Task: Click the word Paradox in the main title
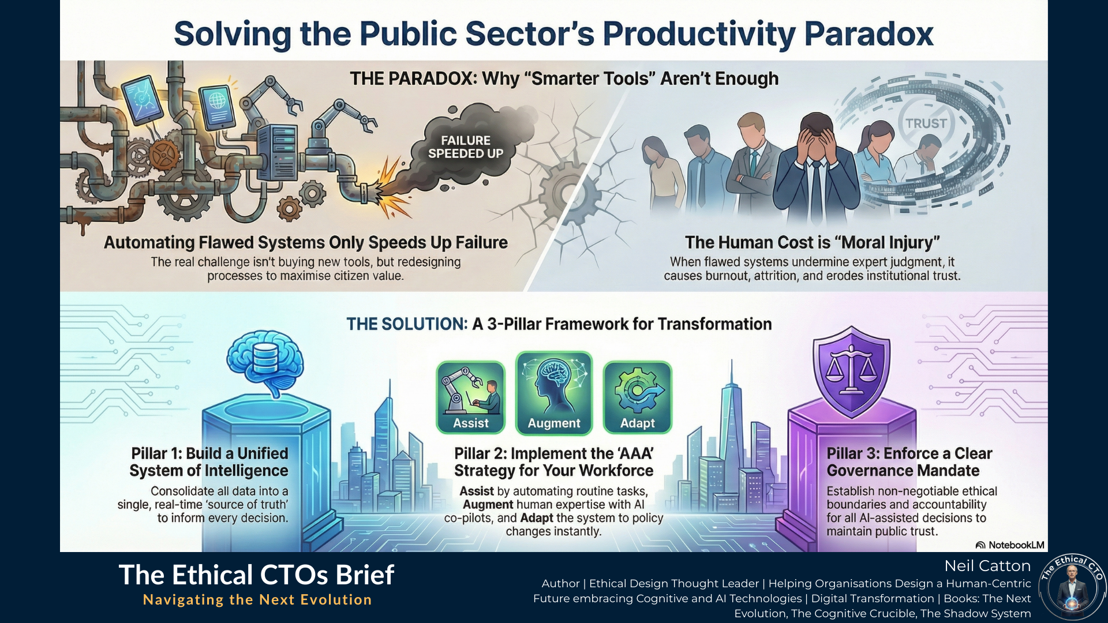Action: tap(869, 33)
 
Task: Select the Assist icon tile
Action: tap(471, 397)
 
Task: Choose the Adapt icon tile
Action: tap(638, 397)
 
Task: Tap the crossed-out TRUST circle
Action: tap(926, 123)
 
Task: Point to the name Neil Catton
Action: tap(987, 566)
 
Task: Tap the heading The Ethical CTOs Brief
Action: tap(257, 575)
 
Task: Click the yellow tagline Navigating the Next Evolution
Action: tap(257, 600)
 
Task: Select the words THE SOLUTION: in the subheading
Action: tap(407, 324)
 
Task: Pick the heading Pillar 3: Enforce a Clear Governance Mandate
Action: tap(909, 462)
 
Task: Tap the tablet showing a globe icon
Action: tap(217, 107)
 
